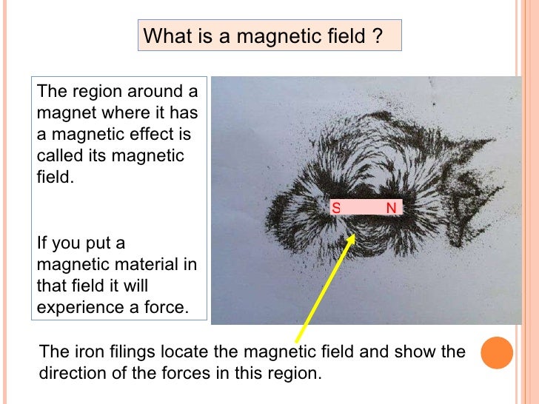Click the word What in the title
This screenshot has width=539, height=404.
(165, 36)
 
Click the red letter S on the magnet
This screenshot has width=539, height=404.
(336, 209)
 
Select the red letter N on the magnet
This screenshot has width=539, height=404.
(391, 209)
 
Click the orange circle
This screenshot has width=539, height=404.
(497, 353)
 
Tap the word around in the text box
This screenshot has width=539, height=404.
(158, 92)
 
